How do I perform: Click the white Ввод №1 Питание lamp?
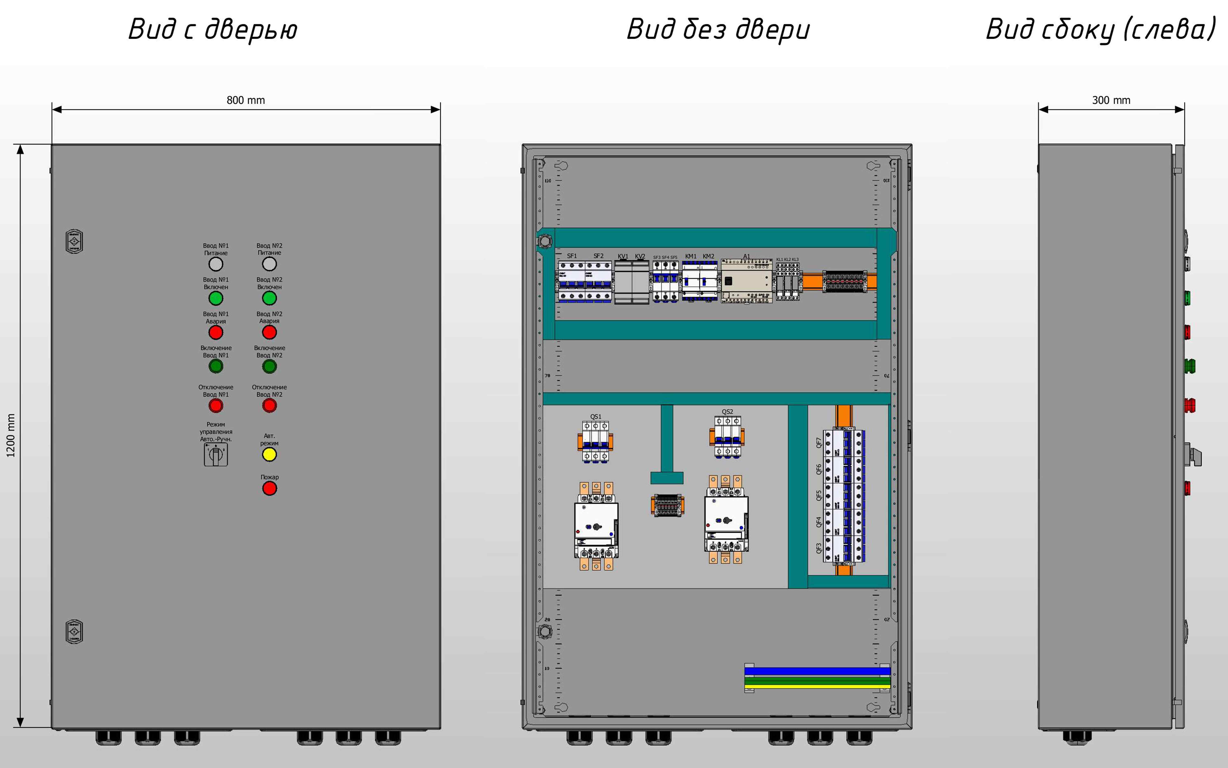(x=216, y=264)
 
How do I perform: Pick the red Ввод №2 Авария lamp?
(x=270, y=332)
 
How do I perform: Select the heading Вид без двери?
(x=718, y=29)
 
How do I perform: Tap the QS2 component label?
(x=727, y=412)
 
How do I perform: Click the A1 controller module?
(x=746, y=282)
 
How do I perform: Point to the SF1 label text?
(x=572, y=256)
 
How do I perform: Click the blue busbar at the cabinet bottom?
(x=817, y=671)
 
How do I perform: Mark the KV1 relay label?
(x=623, y=256)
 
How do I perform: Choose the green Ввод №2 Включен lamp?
(x=270, y=298)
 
